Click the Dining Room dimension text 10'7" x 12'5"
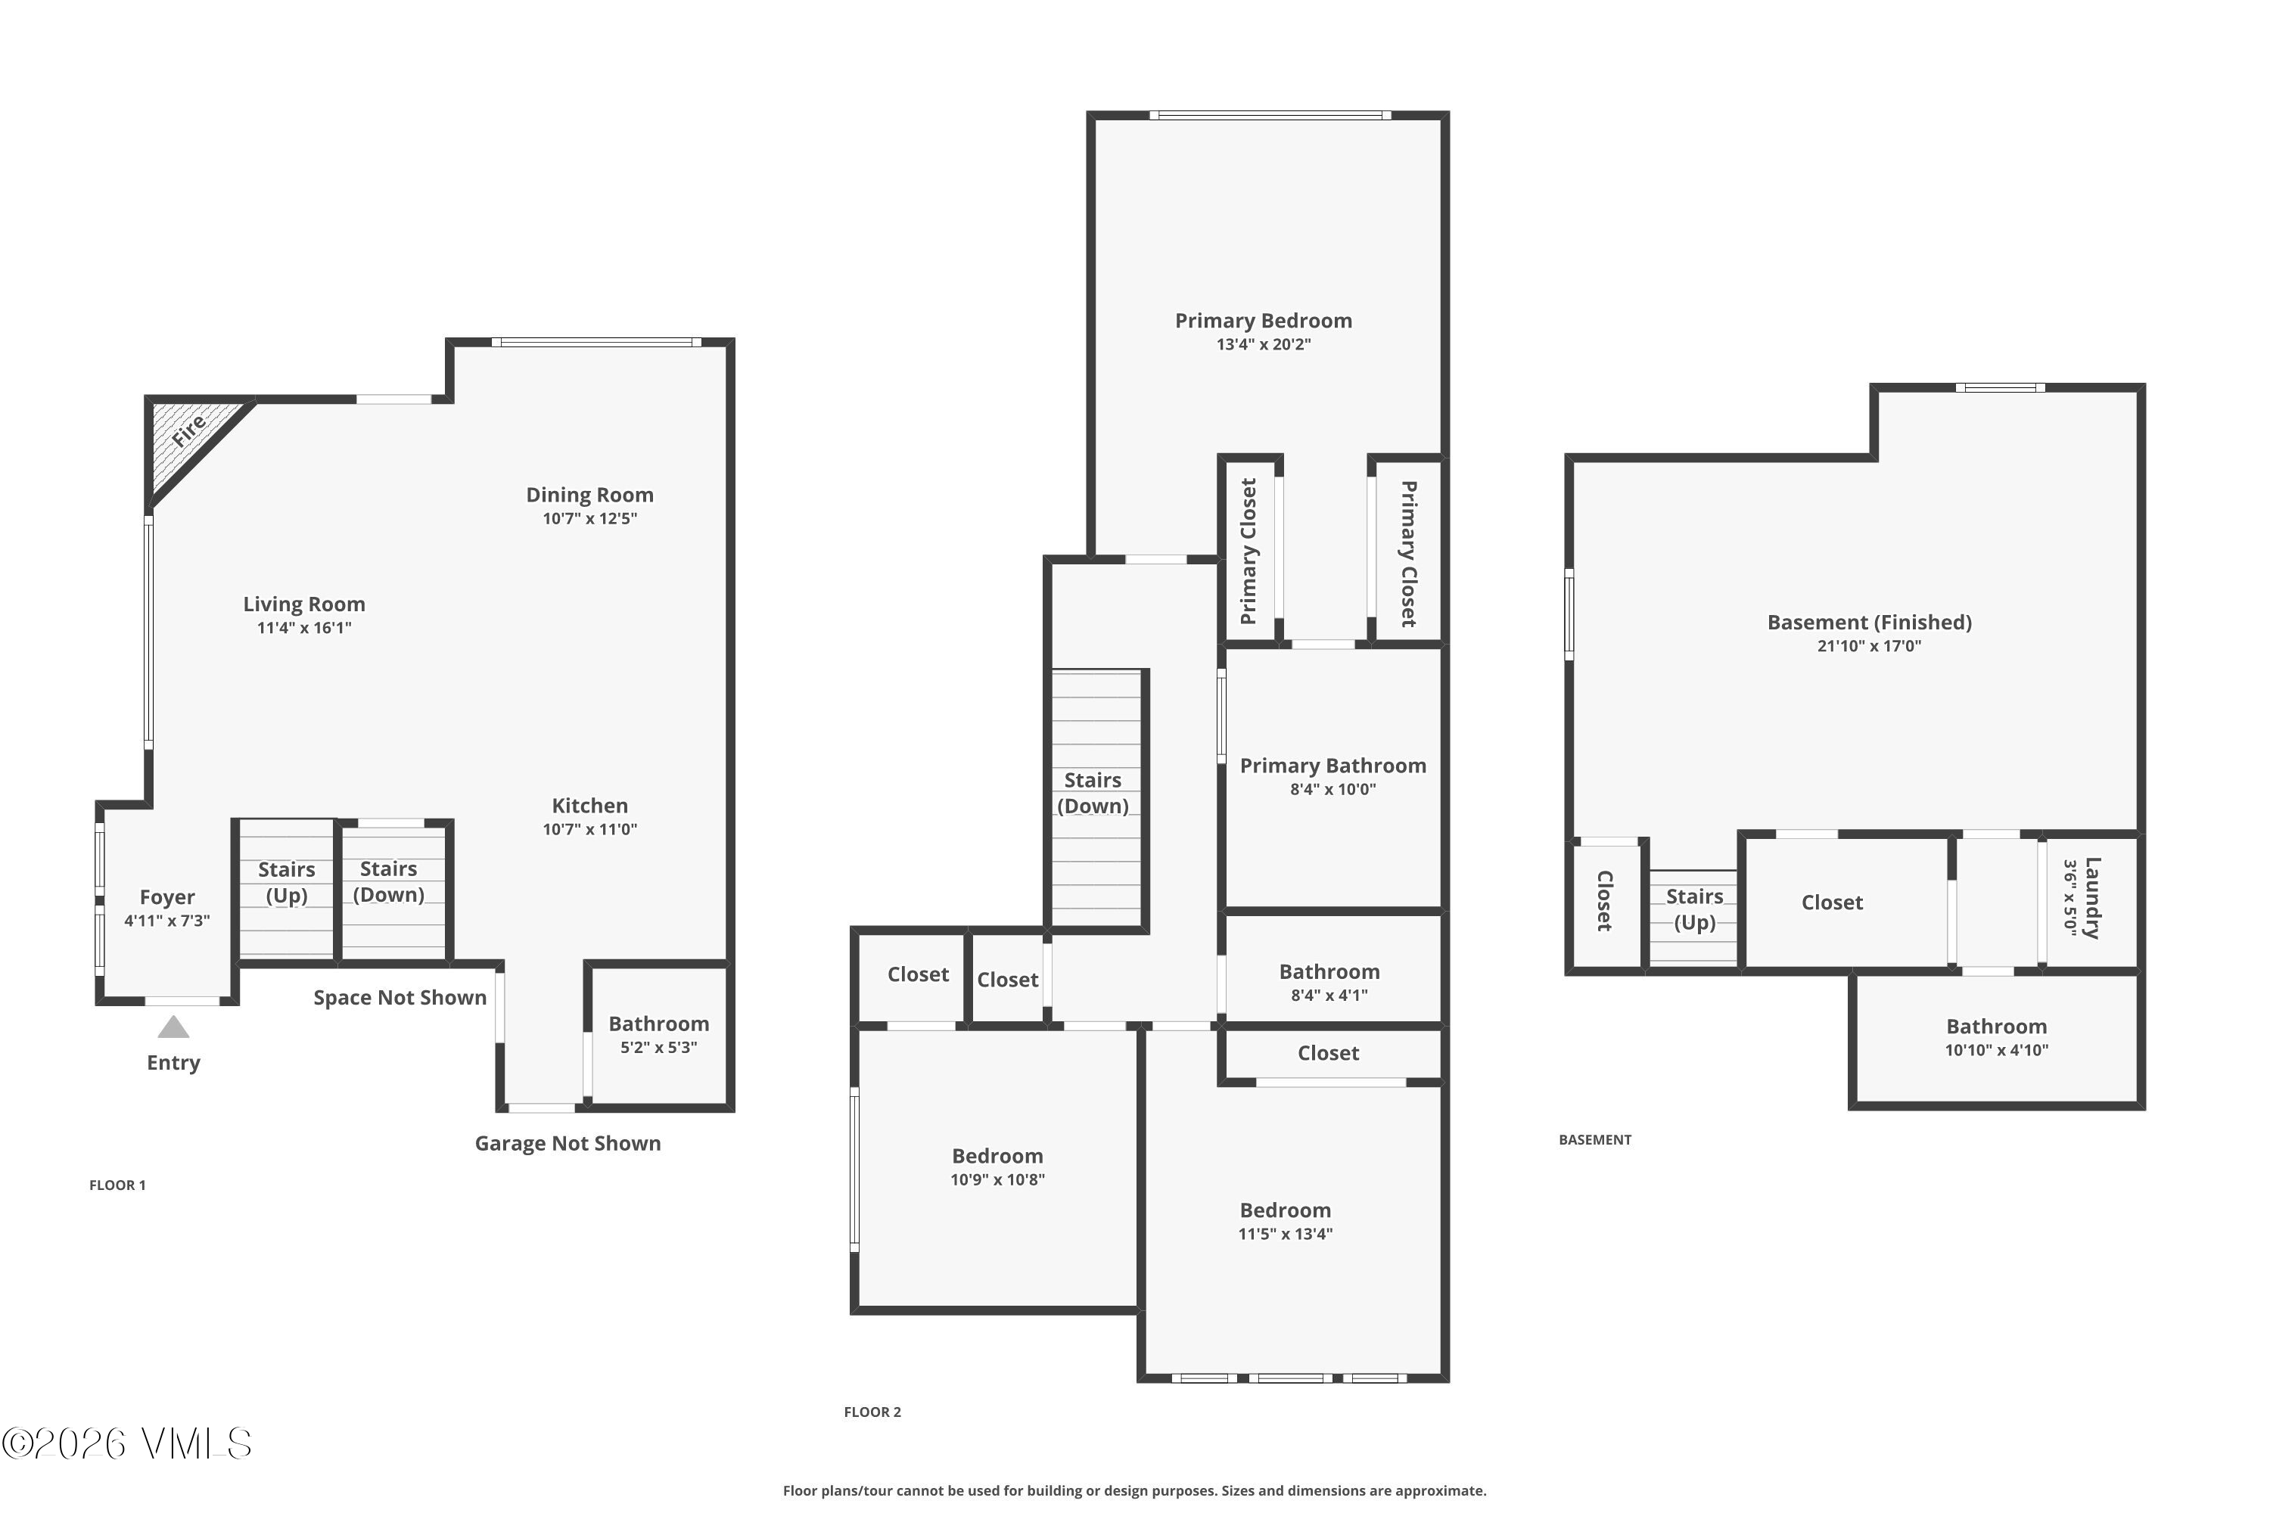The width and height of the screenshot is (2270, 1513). coord(589,518)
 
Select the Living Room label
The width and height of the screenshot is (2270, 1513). coord(304,604)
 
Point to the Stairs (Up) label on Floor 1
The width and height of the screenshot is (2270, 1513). coord(287,882)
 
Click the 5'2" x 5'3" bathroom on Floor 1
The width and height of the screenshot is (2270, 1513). coord(658,1034)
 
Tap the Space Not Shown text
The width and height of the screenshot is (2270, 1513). coord(400,998)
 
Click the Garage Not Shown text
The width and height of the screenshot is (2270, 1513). coord(567,1143)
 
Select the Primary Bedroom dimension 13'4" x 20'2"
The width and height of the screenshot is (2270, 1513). coord(1264,344)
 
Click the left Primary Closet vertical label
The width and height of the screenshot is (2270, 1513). coord(1249,551)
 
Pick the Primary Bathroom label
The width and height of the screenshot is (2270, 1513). coord(1332,765)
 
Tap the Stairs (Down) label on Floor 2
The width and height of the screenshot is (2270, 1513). coord(1093,792)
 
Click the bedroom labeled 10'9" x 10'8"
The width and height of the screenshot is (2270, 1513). coord(997,1166)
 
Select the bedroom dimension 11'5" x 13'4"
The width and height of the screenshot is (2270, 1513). coord(1286,1233)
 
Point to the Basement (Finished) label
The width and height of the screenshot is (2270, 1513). coord(1870,623)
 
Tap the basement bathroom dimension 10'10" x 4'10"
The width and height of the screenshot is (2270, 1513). coord(1996,1050)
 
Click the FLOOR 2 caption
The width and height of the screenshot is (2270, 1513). coord(872,1412)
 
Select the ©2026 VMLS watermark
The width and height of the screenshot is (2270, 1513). coord(126,1443)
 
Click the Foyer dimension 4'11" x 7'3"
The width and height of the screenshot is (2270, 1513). coord(167,921)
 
